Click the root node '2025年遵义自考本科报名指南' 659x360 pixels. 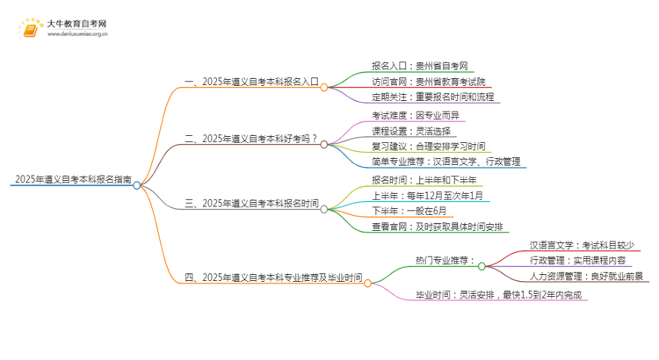[72, 179]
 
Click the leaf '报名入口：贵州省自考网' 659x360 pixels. [407, 65]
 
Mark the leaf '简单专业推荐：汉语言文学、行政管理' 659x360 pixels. [446, 162]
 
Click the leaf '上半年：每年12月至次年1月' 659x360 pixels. [426, 195]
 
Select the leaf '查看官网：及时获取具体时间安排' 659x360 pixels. [437, 227]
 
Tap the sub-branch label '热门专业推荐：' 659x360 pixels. [445, 260]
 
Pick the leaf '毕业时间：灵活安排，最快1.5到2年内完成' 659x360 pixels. [497, 295]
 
